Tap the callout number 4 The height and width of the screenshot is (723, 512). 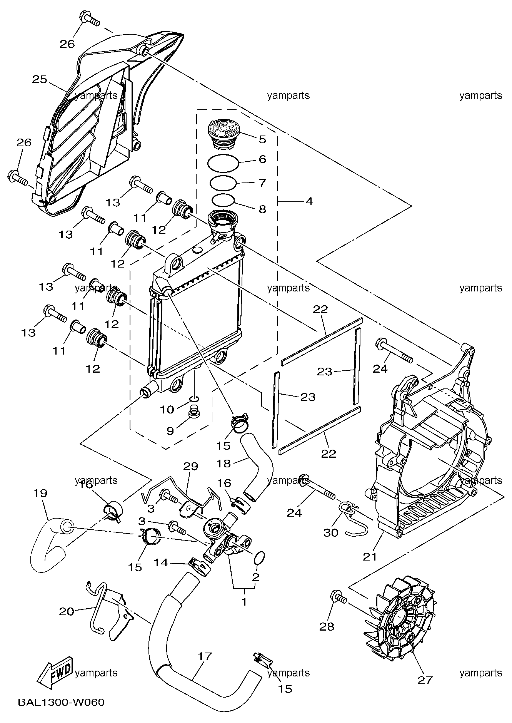[309, 201]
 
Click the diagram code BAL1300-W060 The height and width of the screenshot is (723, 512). [61, 702]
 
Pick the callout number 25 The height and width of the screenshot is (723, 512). [39, 79]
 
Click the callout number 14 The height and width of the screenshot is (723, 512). [161, 562]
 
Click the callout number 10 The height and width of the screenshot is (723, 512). [167, 409]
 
